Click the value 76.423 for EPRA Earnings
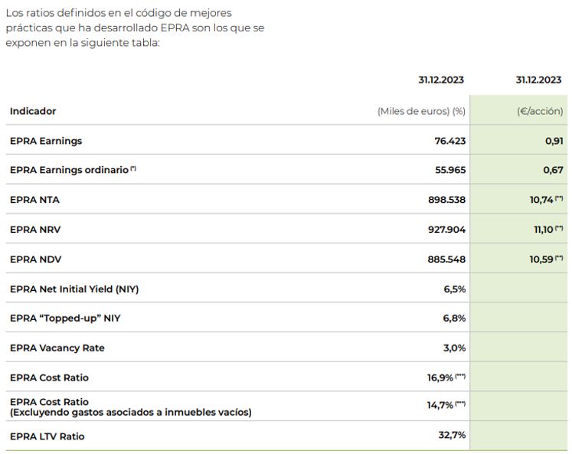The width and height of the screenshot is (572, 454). click(x=449, y=141)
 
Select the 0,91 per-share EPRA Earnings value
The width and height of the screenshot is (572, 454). click(x=553, y=141)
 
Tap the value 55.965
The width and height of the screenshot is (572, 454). click(x=449, y=170)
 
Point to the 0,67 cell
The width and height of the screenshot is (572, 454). click(x=553, y=170)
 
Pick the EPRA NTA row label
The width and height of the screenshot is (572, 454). click(x=34, y=200)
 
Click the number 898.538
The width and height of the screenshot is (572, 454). click(x=446, y=200)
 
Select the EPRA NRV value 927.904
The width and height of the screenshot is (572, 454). click(x=446, y=230)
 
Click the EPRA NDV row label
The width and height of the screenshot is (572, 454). click(x=34, y=260)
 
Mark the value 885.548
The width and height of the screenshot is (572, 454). click(x=446, y=260)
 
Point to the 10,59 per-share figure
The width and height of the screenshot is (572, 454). click(x=541, y=260)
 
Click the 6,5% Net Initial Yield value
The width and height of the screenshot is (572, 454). click(x=454, y=289)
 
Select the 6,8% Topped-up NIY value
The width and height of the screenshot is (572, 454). click(x=454, y=318)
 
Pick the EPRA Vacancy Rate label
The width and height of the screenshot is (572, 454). click(x=57, y=348)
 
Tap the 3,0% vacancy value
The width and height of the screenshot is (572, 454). click(x=454, y=348)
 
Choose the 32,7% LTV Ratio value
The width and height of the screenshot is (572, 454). click(x=451, y=436)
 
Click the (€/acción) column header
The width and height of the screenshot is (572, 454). click(x=540, y=111)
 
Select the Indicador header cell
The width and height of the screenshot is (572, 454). click(x=33, y=111)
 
